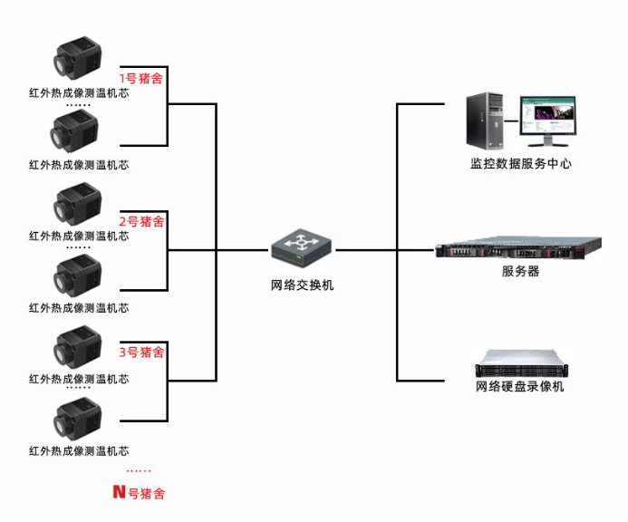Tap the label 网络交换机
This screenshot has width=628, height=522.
coord(303,285)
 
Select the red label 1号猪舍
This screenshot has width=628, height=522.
coord(142,79)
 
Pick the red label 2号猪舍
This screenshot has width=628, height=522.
coord(142,221)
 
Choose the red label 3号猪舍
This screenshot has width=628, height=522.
coord(142,353)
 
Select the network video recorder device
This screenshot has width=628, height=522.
coord(520,363)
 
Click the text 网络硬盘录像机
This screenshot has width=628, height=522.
coord(520,387)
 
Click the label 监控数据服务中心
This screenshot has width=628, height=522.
coord(521,164)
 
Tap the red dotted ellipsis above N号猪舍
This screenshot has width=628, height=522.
coord(139,471)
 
